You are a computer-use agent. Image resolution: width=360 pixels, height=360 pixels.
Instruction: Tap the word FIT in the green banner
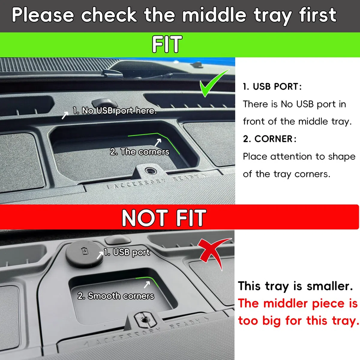(x=167, y=44)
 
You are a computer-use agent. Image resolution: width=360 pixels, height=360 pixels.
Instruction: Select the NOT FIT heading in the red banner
(x=164, y=218)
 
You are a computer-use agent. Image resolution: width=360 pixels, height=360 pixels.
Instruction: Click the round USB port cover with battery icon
(x=84, y=254)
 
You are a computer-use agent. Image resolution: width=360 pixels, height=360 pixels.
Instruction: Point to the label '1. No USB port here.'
(x=115, y=111)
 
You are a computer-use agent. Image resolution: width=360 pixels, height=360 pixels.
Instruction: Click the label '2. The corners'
(x=139, y=151)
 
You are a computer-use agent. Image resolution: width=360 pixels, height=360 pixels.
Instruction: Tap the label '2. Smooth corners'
(x=116, y=296)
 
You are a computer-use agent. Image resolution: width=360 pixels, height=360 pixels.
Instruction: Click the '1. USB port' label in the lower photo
(x=127, y=252)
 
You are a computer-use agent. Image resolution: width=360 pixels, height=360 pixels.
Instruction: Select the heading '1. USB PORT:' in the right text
(x=272, y=86)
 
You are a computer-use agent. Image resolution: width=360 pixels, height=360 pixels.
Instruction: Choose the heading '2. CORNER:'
(x=270, y=139)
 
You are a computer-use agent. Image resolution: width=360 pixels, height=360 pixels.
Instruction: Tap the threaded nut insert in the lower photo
(x=143, y=320)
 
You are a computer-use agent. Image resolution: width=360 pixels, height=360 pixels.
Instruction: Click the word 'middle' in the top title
(x=214, y=15)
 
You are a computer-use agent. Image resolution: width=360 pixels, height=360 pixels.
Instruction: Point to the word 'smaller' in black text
(x=330, y=286)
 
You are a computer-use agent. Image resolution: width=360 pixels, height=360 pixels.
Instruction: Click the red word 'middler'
(x=285, y=303)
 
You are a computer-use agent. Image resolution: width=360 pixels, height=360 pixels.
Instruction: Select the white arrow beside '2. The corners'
(x=158, y=142)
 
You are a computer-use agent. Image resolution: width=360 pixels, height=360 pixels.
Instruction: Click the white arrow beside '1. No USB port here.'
(x=65, y=115)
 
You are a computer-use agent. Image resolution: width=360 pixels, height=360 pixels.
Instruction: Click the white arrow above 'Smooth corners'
(x=147, y=285)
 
